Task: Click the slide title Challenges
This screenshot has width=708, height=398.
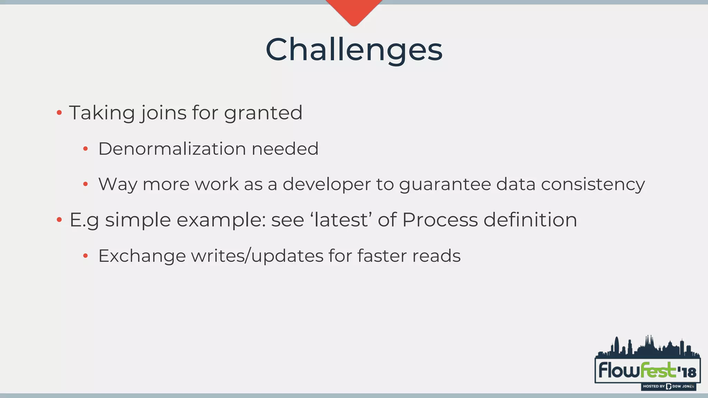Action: (x=354, y=50)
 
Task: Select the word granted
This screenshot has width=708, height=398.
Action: (x=263, y=113)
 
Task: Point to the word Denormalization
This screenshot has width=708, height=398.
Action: (x=172, y=149)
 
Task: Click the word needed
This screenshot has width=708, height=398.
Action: (x=285, y=149)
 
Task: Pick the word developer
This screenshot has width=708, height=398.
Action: (x=326, y=184)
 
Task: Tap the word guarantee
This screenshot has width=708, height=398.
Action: (x=445, y=184)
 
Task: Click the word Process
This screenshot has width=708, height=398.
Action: (x=440, y=220)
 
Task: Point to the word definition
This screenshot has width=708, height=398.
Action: (x=530, y=220)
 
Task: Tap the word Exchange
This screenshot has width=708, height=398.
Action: (x=142, y=256)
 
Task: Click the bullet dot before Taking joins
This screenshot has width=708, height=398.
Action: (x=59, y=113)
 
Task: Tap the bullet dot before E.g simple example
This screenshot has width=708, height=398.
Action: (x=59, y=220)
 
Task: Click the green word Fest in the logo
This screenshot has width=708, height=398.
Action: (x=658, y=370)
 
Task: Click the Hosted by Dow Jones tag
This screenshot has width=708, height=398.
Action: (x=668, y=386)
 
